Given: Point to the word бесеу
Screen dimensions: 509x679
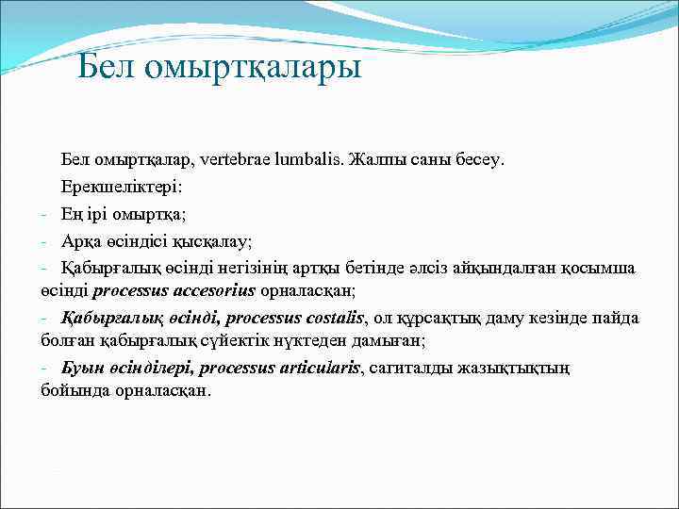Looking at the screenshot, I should coord(477,158).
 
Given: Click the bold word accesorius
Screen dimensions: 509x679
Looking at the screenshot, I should coord(214,290).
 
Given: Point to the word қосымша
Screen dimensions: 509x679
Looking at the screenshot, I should coord(600,268).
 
